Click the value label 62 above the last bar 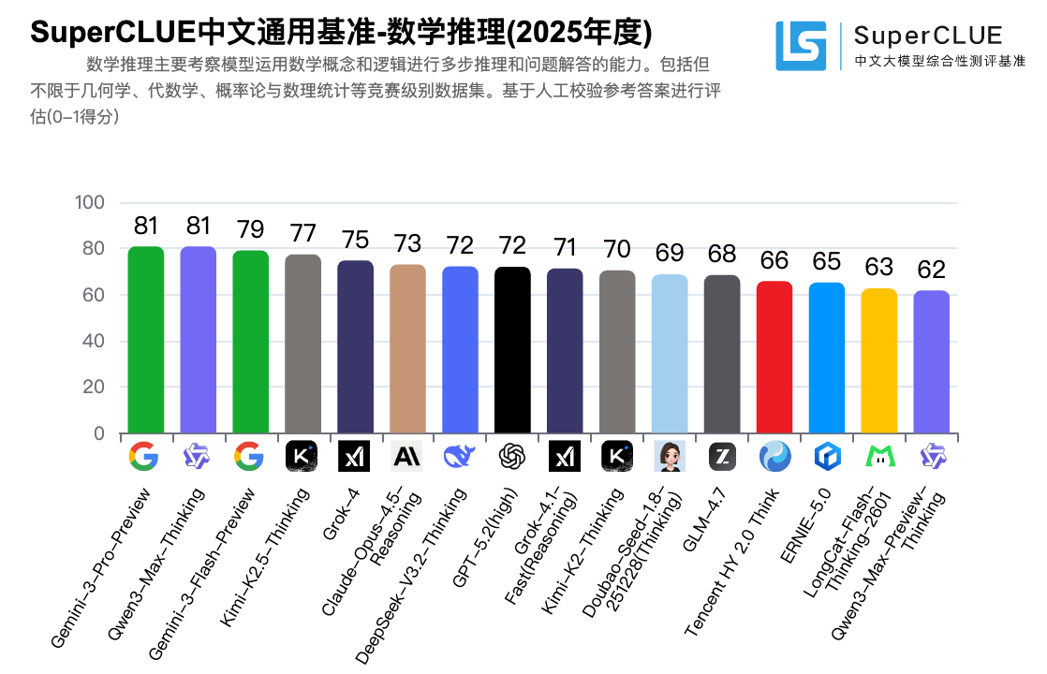coord(932,270)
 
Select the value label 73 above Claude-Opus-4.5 coord(407,242)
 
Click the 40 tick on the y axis coord(93,342)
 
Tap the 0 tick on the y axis coord(98,433)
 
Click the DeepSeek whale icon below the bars coord(460,456)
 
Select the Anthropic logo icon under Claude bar coord(407,456)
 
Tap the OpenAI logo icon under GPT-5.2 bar coord(512,456)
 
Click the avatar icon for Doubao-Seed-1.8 coord(670,456)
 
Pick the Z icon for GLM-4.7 coord(722,456)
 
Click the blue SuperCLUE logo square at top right coord(801,46)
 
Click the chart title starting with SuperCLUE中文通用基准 coord(341,32)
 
